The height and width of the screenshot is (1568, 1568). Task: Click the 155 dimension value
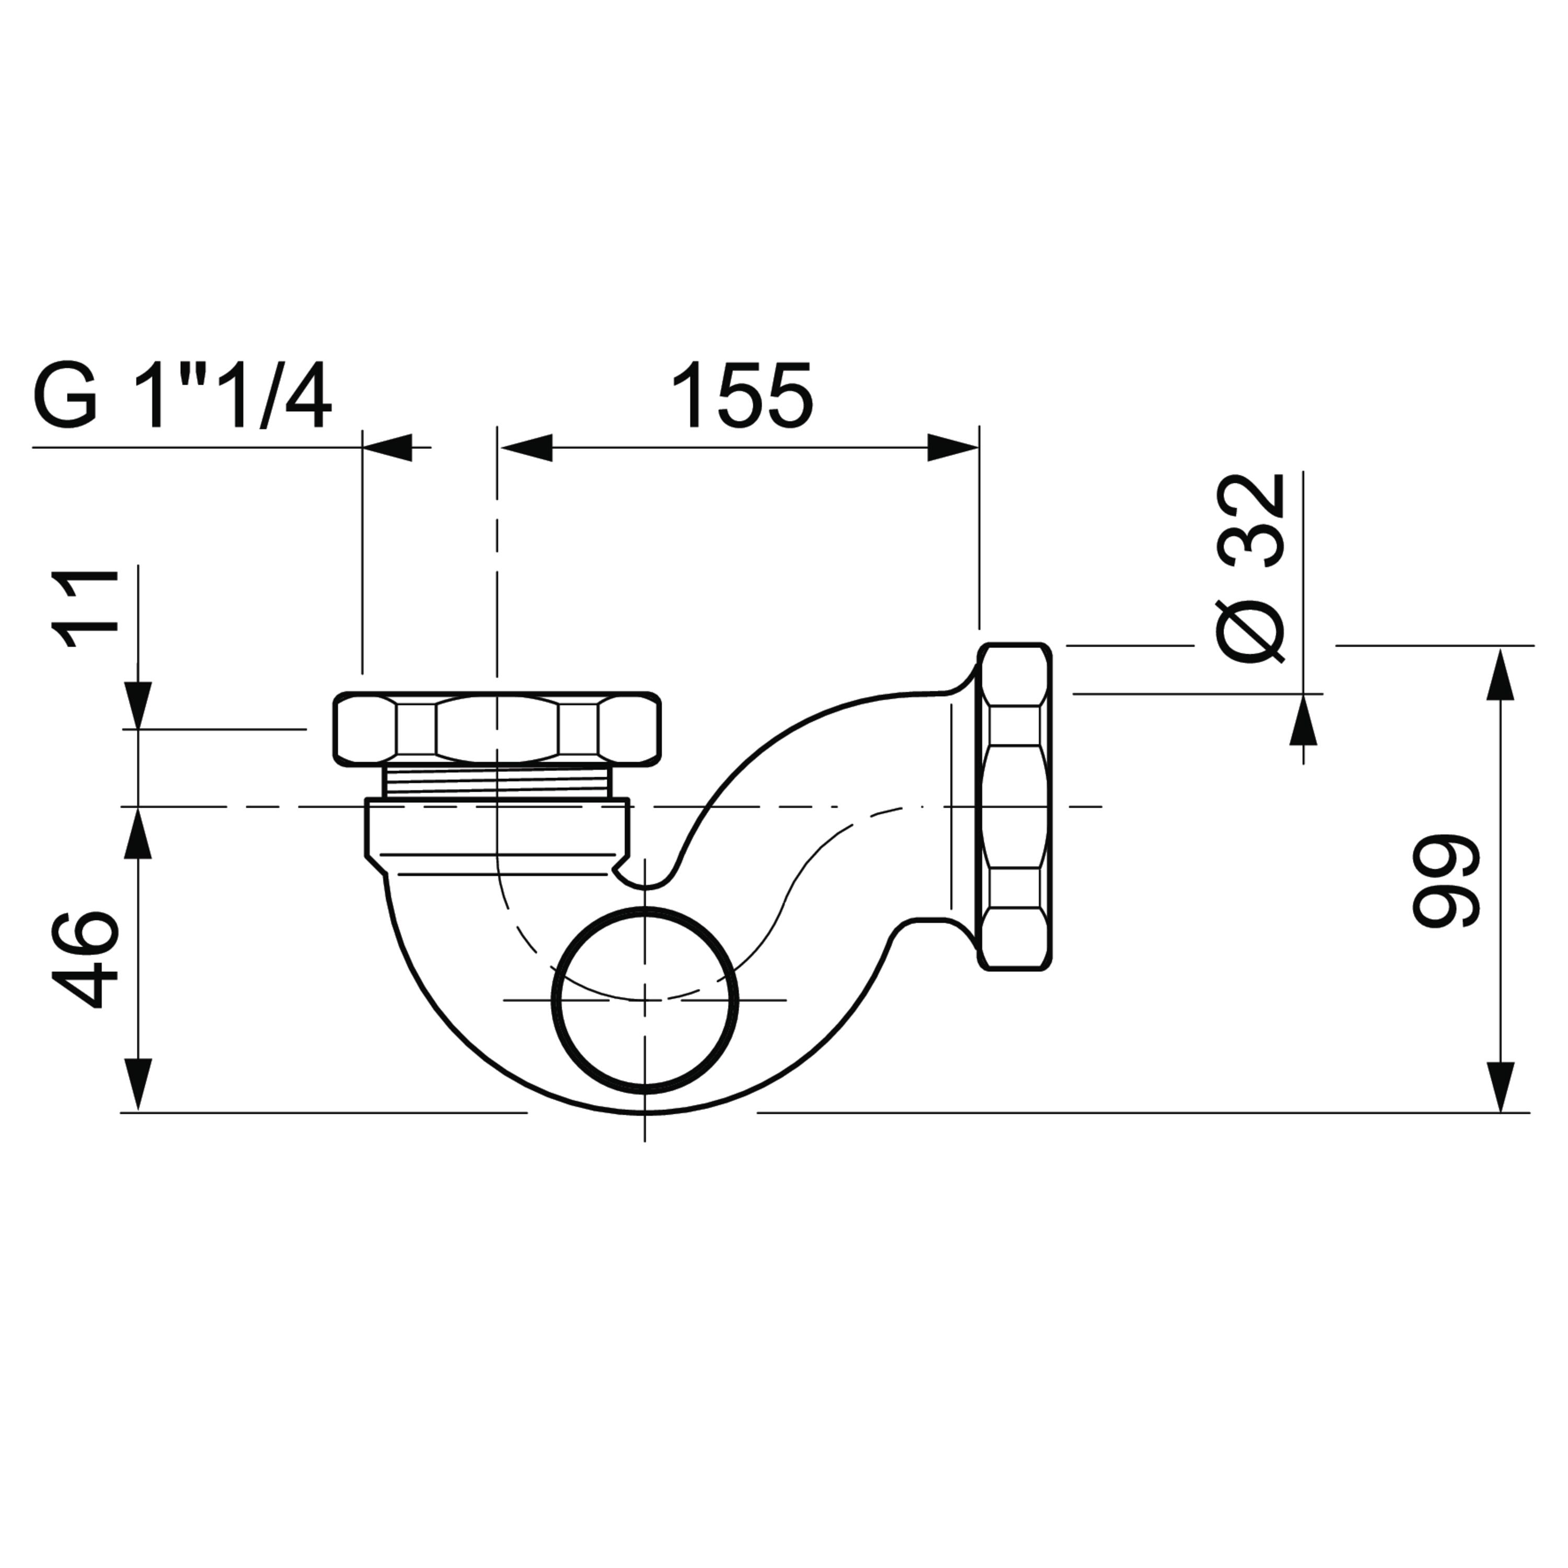click(x=742, y=395)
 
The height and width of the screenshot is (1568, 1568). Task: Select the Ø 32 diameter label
click(x=1251, y=568)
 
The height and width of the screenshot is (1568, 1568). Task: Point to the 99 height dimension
click(x=1446, y=880)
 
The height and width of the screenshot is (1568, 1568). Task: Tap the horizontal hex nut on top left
click(x=497, y=729)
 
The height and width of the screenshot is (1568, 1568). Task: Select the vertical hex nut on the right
click(x=1014, y=806)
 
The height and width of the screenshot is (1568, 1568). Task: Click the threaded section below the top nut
click(x=497, y=783)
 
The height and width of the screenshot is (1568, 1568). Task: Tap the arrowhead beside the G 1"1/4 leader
click(x=388, y=447)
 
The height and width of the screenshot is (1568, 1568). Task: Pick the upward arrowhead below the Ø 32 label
click(x=1304, y=719)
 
